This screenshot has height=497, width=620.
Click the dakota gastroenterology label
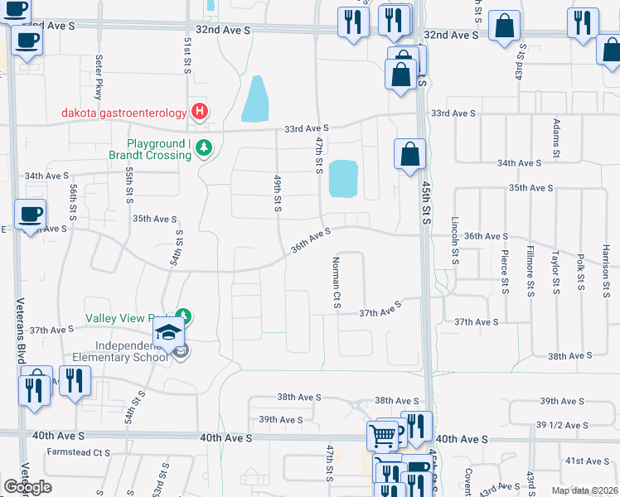click(x=123, y=113)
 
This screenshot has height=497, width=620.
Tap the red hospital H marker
click(x=199, y=111)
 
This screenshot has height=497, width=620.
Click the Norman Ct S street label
click(x=337, y=282)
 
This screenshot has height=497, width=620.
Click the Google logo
click(x=27, y=487)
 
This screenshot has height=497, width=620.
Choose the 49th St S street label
click(x=278, y=192)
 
